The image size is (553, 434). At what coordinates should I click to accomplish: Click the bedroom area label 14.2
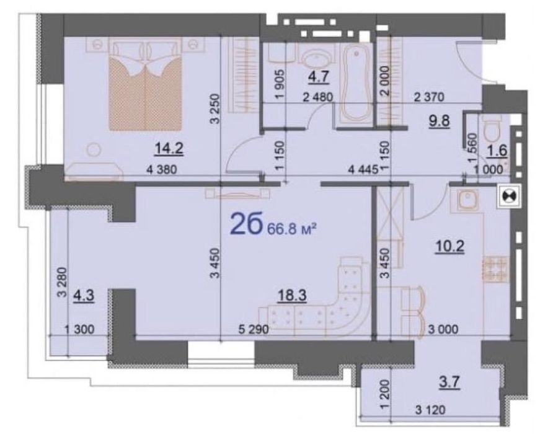tap(169, 148)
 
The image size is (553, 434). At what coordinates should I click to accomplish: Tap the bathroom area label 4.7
tap(319, 76)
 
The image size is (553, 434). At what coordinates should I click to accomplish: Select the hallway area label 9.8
tap(439, 121)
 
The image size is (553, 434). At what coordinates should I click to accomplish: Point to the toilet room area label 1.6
tap(497, 151)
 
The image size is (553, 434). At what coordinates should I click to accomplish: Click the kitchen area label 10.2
tap(449, 246)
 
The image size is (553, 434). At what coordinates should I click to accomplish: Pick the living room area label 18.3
tap(291, 295)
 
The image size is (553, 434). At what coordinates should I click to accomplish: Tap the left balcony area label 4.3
tap(84, 296)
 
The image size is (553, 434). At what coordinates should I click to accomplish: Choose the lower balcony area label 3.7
tap(449, 383)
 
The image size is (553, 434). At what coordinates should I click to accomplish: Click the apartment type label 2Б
tap(246, 226)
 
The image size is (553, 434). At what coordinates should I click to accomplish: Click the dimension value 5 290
tap(254, 330)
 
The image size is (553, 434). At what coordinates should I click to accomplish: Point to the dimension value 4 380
tap(161, 170)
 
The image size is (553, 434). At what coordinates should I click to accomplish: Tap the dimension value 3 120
tap(430, 410)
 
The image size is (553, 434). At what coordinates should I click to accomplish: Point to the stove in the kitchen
tap(495, 268)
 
